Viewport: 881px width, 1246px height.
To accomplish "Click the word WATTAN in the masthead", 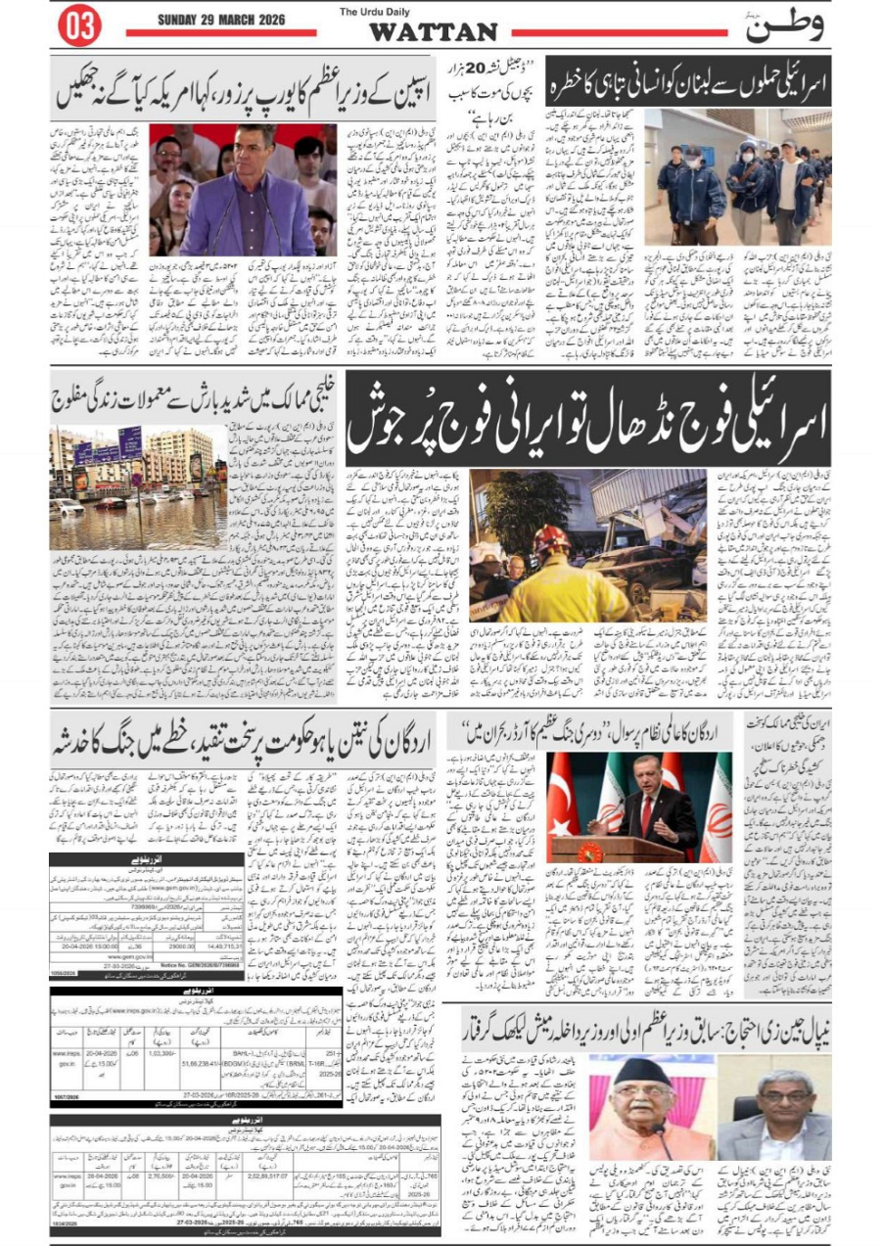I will point(433,32).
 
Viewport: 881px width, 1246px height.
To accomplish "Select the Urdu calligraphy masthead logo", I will point(784,26).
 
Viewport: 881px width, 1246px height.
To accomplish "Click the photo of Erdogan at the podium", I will point(640,808).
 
